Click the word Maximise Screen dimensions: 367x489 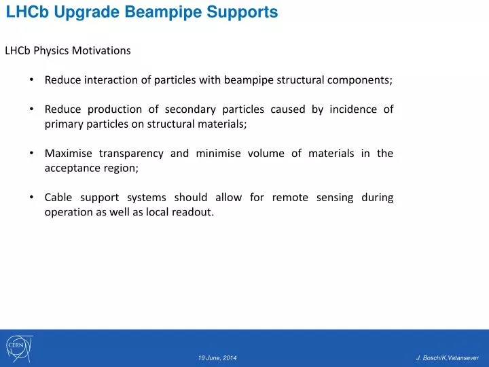68,154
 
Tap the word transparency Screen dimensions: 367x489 130,154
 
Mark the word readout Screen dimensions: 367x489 194,212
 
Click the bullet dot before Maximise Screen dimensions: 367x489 32,154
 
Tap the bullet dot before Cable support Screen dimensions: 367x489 32,198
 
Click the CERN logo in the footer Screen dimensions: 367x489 18,348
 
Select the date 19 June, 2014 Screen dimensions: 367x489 217,357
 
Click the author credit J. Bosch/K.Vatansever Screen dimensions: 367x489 448,357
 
